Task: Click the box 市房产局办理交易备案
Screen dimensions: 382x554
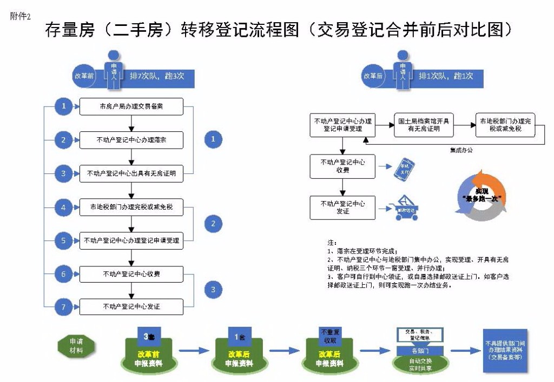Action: click(x=131, y=107)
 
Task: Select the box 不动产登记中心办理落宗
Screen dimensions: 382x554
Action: click(x=131, y=140)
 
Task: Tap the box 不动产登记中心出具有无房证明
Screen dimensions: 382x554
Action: click(x=131, y=173)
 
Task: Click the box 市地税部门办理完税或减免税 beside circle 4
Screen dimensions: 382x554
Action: click(x=131, y=207)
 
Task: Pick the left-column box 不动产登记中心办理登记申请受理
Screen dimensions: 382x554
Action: click(x=131, y=240)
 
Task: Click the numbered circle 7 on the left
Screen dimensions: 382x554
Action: click(x=63, y=307)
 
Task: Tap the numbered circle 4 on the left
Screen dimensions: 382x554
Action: click(x=63, y=207)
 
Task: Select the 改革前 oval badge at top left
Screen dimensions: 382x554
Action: click(x=84, y=76)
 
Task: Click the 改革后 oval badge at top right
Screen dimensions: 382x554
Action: click(x=373, y=76)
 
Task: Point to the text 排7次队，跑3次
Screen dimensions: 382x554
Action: click(x=157, y=76)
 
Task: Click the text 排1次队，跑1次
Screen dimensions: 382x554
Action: click(x=445, y=76)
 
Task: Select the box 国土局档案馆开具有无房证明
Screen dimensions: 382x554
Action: click(x=424, y=125)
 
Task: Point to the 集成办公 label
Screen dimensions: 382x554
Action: click(x=461, y=150)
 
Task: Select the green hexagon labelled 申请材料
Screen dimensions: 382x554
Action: click(x=76, y=346)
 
